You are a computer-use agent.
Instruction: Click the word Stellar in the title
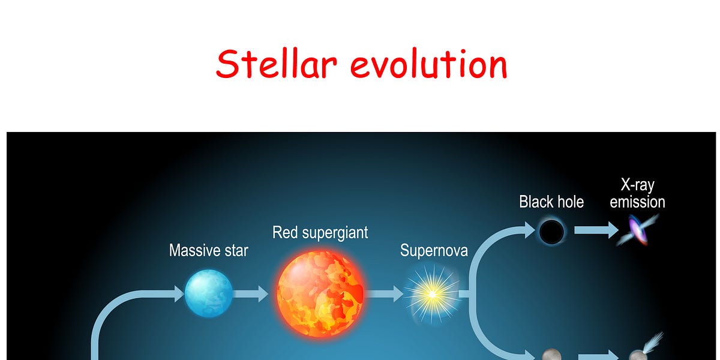277,64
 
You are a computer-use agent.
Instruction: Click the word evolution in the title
429,64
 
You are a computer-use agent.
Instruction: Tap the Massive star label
209,250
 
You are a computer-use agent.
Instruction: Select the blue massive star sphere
209,293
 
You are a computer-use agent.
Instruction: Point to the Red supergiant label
320,233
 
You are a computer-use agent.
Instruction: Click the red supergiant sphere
320,294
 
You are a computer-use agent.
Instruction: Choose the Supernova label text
434,250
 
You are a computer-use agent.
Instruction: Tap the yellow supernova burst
433,294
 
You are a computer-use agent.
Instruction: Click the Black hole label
551,202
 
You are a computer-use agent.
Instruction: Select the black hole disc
551,232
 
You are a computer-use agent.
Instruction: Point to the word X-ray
637,185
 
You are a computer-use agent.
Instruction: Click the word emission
637,202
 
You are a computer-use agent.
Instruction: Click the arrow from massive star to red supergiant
250,294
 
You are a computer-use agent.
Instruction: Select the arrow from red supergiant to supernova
384,294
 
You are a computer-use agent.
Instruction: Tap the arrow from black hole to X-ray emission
596,230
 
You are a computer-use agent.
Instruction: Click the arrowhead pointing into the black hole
529,230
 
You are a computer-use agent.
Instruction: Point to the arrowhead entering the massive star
179,294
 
